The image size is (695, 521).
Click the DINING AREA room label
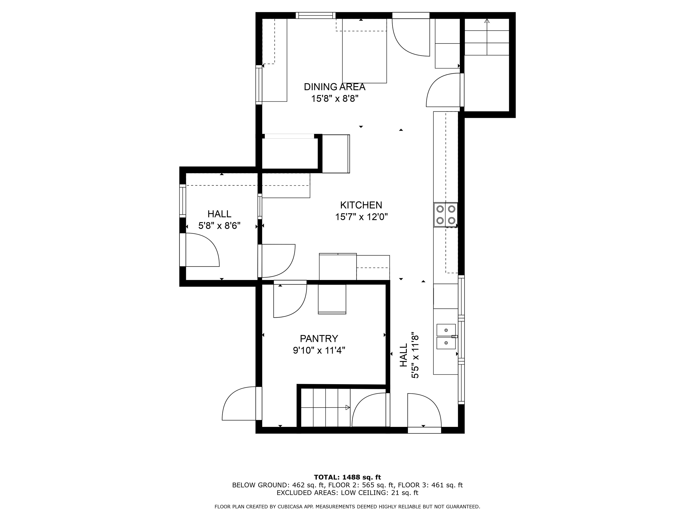click(x=334, y=87)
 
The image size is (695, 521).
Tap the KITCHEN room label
click(x=361, y=205)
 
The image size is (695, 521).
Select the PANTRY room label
click(x=319, y=339)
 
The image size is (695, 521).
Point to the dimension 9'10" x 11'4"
click(x=319, y=350)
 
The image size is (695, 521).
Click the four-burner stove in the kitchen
click(x=445, y=215)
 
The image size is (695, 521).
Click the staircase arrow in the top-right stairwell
click(x=487, y=37)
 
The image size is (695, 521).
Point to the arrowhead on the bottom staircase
click(x=348, y=408)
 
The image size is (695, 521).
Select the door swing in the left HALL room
click(x=202, y=250)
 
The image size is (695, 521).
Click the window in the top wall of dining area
click(x=315, y=15)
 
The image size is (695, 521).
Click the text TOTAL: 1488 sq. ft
click(x=347, y=477)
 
